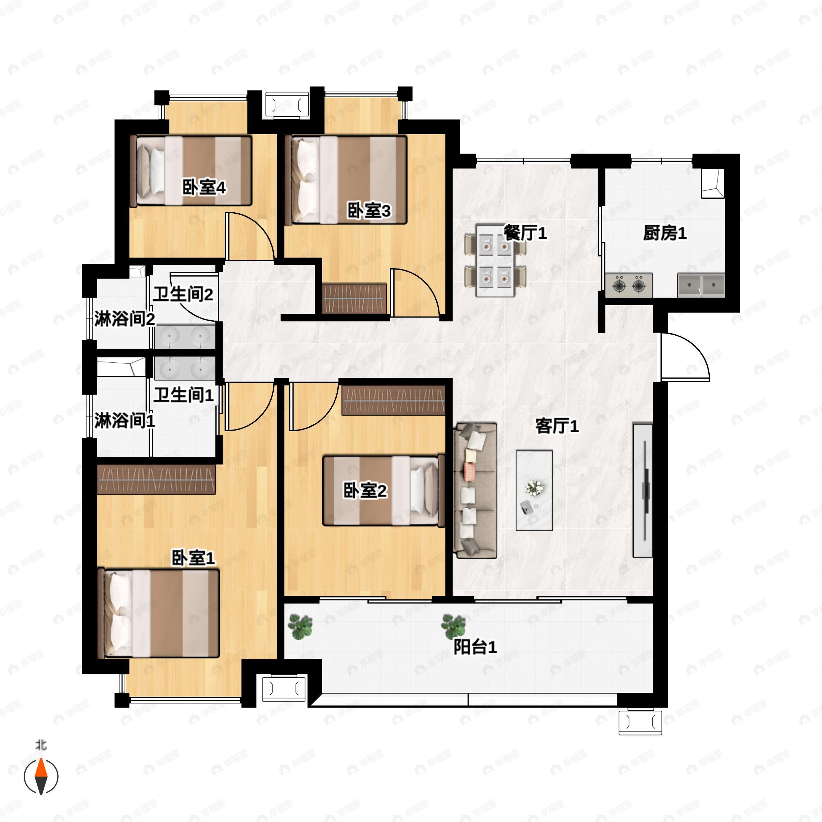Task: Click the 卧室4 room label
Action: point(204,188)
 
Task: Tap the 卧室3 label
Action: point(369,211)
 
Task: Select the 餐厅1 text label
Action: point(525,233)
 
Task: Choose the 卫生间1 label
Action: point(183,395)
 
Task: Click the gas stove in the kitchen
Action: point(629,285)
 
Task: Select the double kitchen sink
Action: point(701,285)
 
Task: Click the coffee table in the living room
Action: point(534,490)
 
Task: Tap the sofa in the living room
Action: point(475,490)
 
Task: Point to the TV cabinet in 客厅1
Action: point(643,490)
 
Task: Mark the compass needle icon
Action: point(41,777)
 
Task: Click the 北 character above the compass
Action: point(41,745)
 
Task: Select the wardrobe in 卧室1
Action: point(156,479)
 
